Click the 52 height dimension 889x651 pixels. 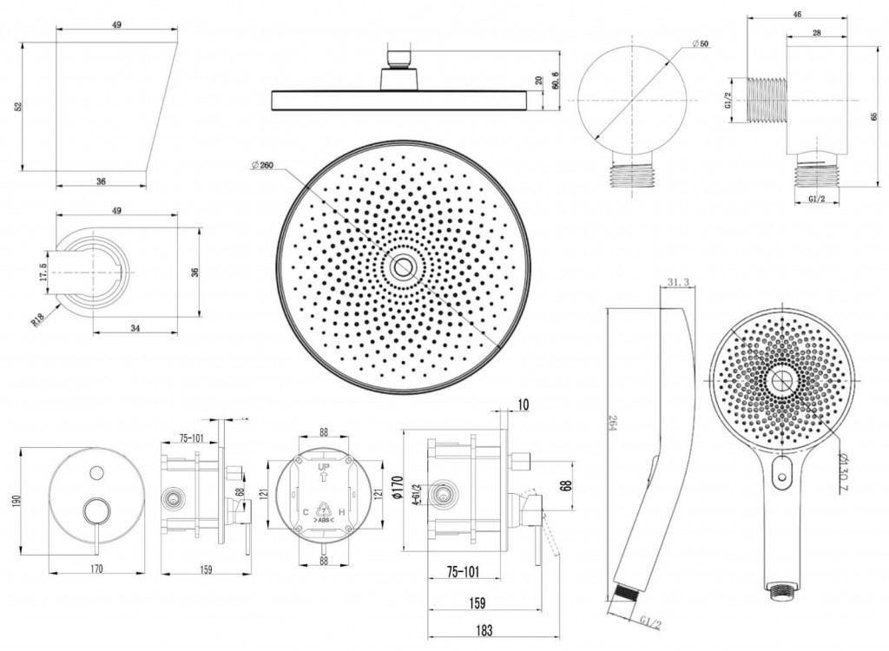17,106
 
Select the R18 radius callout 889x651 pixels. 39,321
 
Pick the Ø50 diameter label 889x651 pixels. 701,43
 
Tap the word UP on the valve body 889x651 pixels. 323,468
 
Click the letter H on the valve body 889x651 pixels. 342,512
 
